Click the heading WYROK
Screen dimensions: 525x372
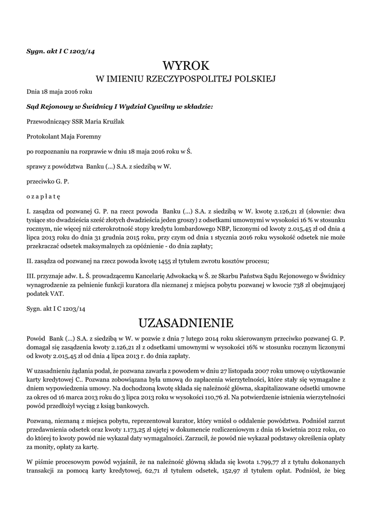[x=186, y=66]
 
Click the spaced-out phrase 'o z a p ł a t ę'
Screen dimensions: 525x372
[x=43, y=196]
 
